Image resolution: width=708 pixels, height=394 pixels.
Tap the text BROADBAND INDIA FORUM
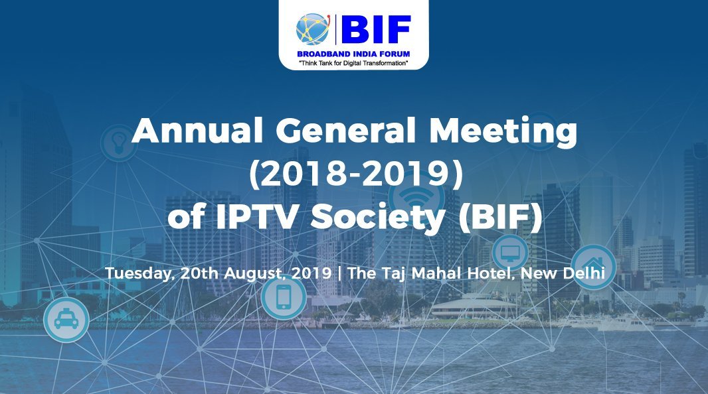coord(353,54)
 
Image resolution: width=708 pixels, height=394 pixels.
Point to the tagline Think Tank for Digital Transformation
coord(353,63)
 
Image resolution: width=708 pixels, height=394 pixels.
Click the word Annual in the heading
coord(197,130)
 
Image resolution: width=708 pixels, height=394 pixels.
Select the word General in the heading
coord(345,130)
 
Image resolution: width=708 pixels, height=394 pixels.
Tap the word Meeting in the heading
coord(503,132)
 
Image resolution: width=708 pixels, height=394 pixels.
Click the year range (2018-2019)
coord(356,174)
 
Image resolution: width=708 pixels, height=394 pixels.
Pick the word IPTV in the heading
coord(256,218)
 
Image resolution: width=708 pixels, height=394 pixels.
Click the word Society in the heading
coord(378,220)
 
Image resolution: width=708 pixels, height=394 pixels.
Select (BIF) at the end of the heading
coord(500,218)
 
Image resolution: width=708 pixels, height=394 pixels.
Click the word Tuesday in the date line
coord(140,274)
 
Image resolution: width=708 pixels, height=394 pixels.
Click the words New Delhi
coord(563,273)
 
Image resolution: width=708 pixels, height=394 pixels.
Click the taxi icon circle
coord(66,320)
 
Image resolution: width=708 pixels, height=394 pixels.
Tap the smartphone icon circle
coord(284,298)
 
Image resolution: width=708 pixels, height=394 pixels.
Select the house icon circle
coord(593,267)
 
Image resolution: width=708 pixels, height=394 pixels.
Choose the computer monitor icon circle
coord(510,253)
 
